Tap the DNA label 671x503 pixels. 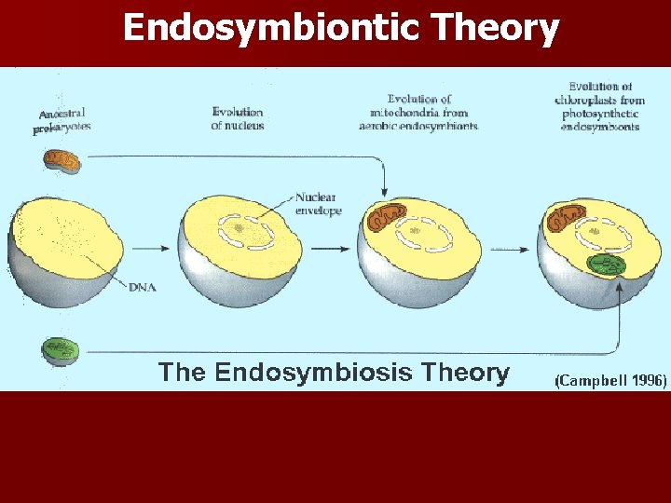click(143, 287)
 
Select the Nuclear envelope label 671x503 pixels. click(318, 204)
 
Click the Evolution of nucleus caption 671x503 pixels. click(238, 118)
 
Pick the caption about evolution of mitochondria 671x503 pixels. click(418, 112)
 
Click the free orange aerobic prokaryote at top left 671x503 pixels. click(62, 160)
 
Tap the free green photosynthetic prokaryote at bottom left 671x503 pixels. click(61, 351)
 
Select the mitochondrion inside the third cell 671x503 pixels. click(387, 217)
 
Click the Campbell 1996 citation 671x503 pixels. click(610, 380)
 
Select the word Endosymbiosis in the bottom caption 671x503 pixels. click(313, 374)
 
